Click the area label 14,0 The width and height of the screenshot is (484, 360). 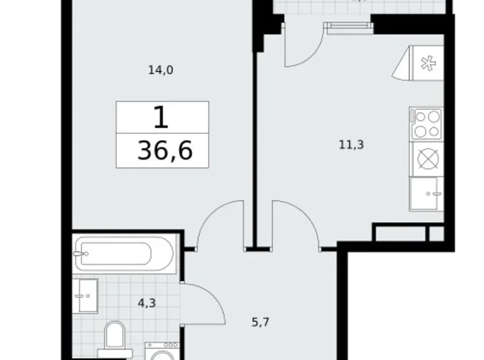pyautogui.click(x=160, y=70)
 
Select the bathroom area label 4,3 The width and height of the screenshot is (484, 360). pyautogui.click(x=146, y=304)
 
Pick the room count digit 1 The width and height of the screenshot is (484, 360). pyautogui.click(x=161, y=117)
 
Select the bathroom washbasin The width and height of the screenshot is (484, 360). pyautogui.click(x=85, y=295)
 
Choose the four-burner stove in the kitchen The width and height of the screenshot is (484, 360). pyautogui.click(x=427, y=123)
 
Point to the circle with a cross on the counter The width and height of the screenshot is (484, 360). pyautogui.click(x=428, y=159)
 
